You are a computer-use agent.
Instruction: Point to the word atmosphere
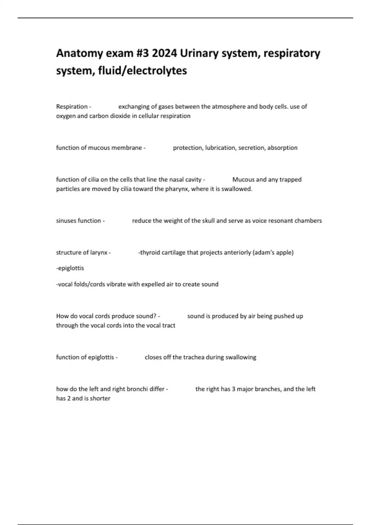(229, 107)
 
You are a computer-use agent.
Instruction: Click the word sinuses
(66, 221)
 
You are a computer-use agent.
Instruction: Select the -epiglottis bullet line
(70, 268)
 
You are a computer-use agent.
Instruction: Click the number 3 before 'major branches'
(234, 389)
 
